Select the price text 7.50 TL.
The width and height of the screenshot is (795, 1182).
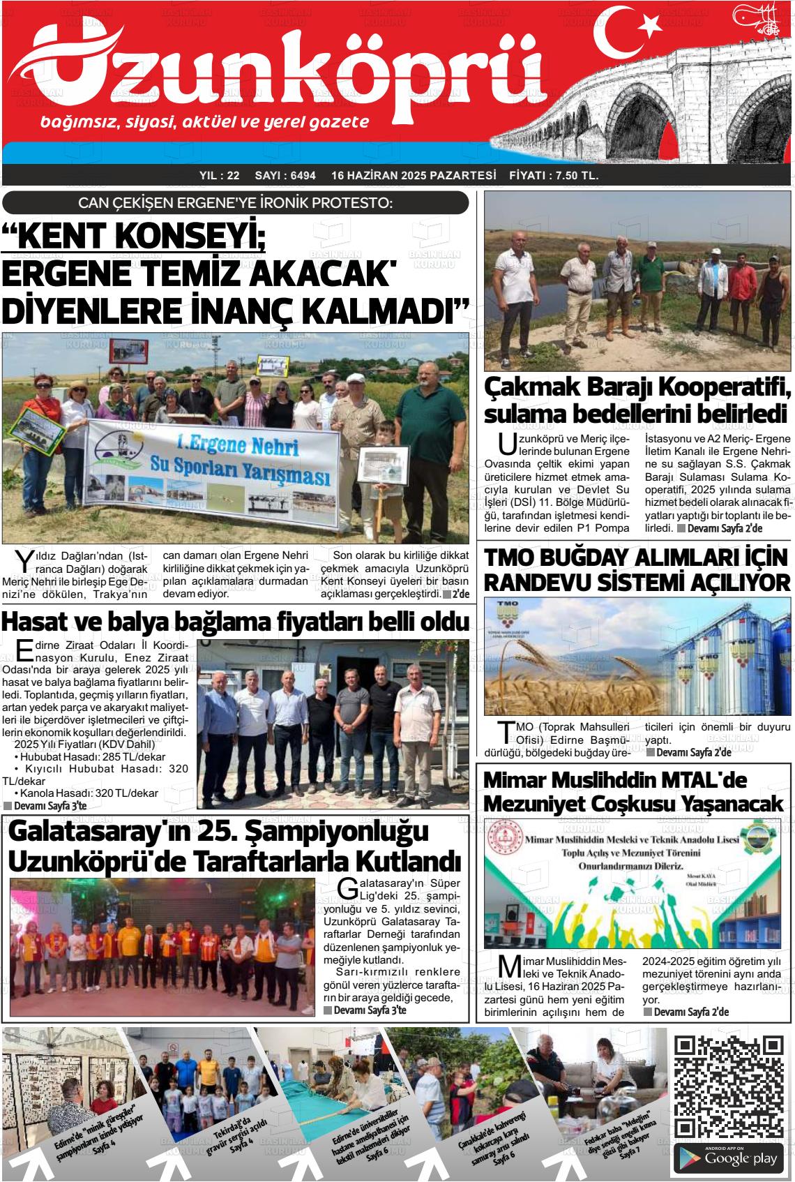click(x=573, y=176)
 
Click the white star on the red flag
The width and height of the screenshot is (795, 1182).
click(x=650, y=25)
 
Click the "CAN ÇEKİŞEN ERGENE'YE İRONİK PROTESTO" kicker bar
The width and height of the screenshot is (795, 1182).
click(x=235, y=203)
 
